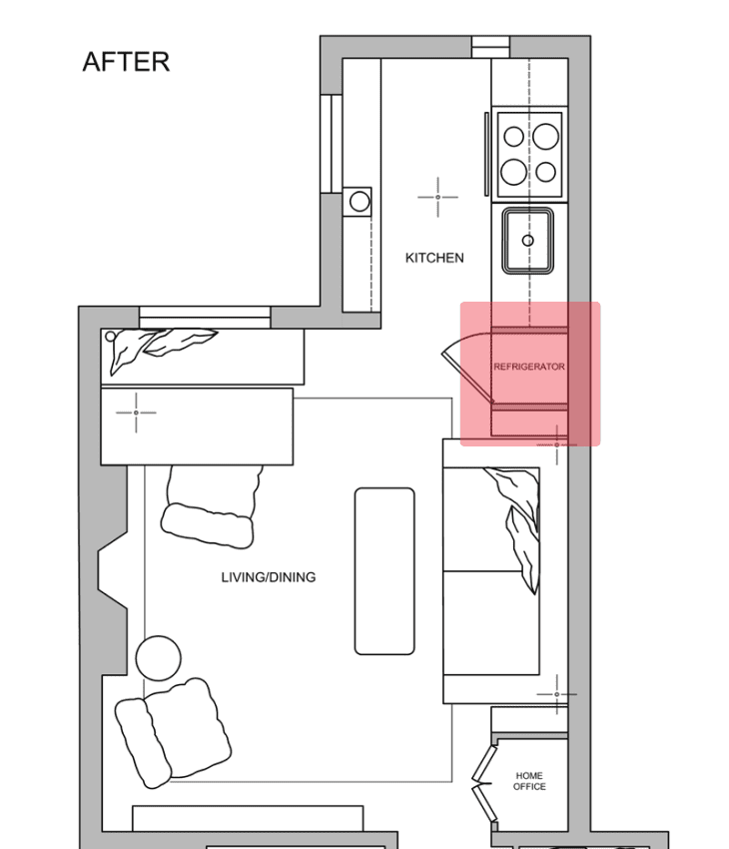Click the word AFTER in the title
coord(126,62)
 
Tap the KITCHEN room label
coord(434,258)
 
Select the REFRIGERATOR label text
coord(529,367)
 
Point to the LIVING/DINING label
coord(269,577)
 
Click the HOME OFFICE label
coord(529,781)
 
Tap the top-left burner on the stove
coord(513,135)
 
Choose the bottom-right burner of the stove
coord(545,172)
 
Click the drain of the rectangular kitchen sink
coord(528,241)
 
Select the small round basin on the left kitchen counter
coord(359,202)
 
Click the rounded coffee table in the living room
coord(384,570)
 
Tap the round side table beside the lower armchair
coord(158,658)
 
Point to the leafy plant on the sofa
coord(519,519)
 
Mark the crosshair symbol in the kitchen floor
coord(437,197)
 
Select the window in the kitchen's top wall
coord(490,46)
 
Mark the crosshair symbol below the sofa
coord(556,693)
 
